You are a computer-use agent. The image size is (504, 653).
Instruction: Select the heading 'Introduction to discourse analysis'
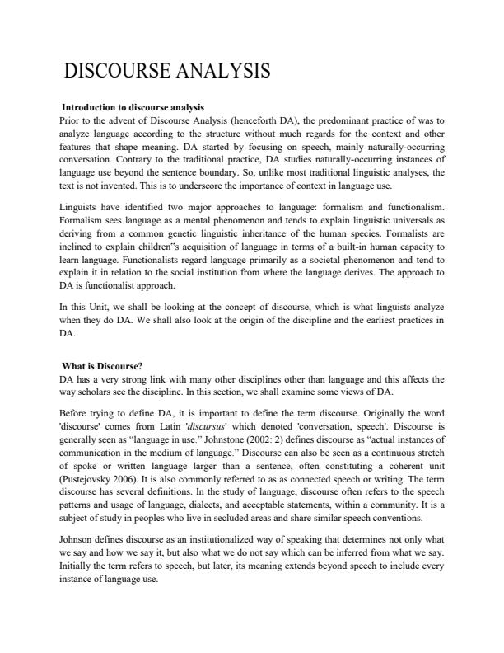click(133, 107)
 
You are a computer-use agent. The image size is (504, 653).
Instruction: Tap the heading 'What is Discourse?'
click(103, 367)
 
